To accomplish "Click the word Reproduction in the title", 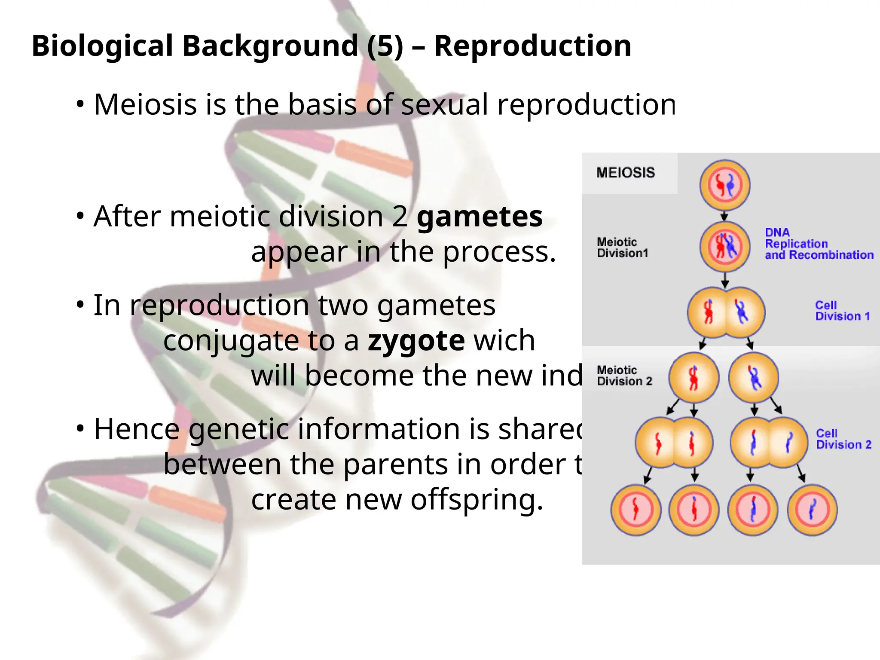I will tap(532, 46).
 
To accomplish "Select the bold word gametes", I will tap(480, 217).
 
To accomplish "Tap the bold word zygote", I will tap(416, 340).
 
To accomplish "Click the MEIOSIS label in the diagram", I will tap(625, 173).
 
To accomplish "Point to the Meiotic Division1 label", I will tap(622, 247).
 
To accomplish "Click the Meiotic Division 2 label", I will tap(624, 376).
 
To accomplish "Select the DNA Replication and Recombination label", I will tap(818, 244).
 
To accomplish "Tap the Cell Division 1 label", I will tap(842, 311).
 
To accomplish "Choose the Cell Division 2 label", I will tap(843, 439).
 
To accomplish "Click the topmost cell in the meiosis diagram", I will tap(725, 185).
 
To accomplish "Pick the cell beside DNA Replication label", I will tap(725, 247).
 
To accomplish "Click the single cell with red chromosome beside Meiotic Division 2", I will tap(694, 378).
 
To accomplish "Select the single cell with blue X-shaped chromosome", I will tap(754, 378).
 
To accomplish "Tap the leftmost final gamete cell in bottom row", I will tap(636, 510).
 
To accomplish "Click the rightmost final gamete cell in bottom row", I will tap(812, 510).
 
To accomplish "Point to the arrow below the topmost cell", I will tap(724, 216).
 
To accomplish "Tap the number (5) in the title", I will tap(385, 46).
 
